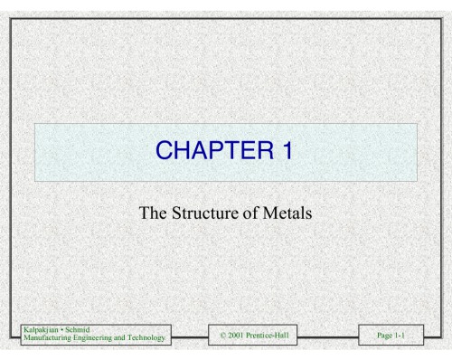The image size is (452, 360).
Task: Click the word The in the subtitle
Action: click(x=154, y=214)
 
